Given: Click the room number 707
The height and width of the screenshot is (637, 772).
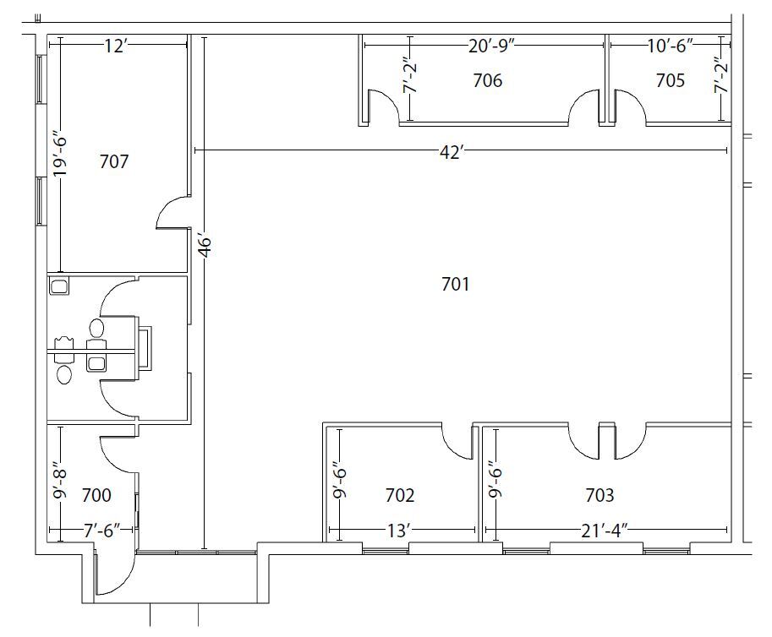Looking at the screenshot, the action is point(114,161).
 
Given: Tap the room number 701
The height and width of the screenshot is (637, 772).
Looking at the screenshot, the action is point(456,284).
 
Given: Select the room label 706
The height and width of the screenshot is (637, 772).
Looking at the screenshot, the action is point(487,80).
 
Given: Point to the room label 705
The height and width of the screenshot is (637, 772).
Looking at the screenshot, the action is point(670,80).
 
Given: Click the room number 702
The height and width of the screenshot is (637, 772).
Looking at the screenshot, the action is point(400,495).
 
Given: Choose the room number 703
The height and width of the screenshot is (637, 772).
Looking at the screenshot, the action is point(600,495).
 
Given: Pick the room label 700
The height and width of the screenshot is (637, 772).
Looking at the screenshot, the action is point(96,495).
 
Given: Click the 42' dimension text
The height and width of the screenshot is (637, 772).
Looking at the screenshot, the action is point(452,152).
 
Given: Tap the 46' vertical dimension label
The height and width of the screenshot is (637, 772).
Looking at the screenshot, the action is point(205,246).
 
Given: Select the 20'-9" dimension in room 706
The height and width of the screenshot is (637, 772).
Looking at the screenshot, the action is point(491,46).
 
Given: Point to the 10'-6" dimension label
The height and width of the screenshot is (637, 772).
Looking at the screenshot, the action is point(670,46).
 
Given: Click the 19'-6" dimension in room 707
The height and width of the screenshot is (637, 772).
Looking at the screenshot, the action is point(61,156).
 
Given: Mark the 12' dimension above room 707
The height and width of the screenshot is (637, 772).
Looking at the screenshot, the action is point(116,46).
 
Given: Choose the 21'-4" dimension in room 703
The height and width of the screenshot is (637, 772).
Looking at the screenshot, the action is point(605,531).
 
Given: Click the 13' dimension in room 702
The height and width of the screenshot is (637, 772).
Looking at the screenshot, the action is point(397,531).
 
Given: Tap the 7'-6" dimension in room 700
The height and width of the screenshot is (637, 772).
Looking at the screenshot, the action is point(102,531).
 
